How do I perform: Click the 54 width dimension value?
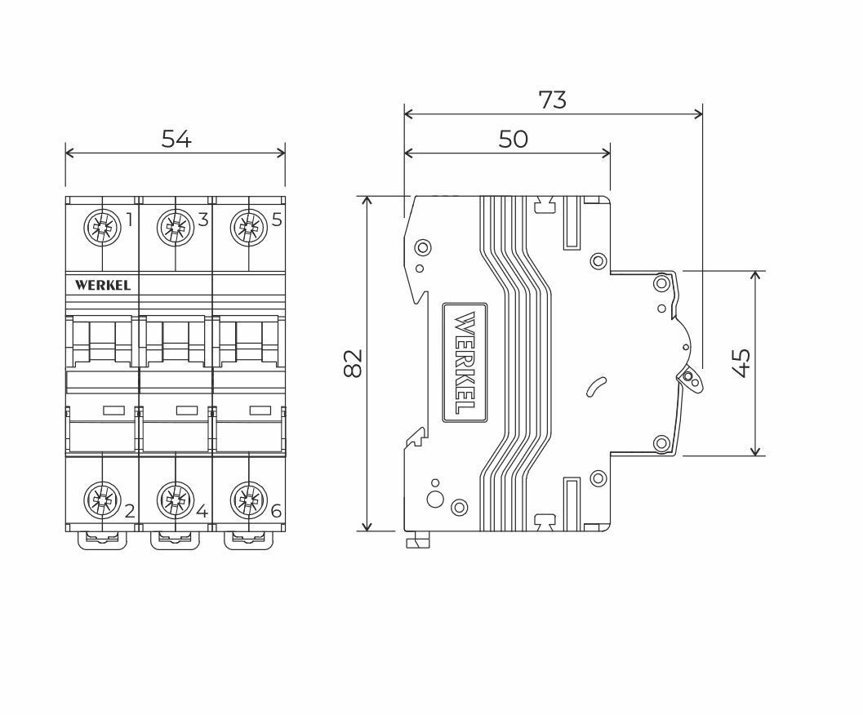pos(176,140)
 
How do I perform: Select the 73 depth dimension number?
pos(552,100)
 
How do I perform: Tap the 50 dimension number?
pos(513,140)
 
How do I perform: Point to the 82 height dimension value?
pos(354,363)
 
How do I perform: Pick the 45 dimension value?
pos(742,363)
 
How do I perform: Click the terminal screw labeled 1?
pos(102,227)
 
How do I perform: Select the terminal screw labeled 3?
pos(176,227)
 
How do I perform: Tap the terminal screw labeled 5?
pos(249,227)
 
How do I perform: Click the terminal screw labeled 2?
pos(102,500)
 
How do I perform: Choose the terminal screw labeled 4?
pos(176,500)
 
